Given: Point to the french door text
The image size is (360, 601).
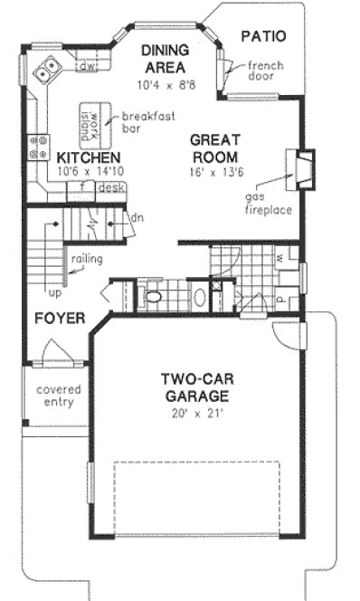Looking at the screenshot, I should [x=265, y=72].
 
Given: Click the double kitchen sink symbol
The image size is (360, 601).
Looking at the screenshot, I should [x=46, y=68].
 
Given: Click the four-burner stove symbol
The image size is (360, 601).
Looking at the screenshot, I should [x=40, y=147].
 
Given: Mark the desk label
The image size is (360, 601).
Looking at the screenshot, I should [x=111, y=188].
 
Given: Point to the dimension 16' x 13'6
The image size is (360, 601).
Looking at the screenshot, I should [x=213, y=172].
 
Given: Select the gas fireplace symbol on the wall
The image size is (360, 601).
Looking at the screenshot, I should [x=299, y=169].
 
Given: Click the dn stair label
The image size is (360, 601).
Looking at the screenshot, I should [x=137, y=218].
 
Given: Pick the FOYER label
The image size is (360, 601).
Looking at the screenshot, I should [x=60, y=319].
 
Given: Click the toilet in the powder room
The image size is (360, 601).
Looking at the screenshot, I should [x=154, y=296].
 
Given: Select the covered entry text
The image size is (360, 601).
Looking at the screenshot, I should [x=58, y=396].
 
